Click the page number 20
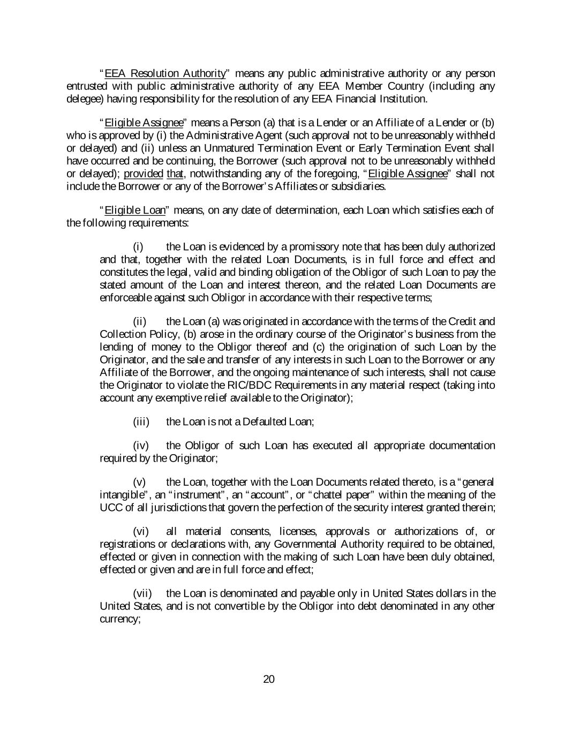click(x=269, y=680)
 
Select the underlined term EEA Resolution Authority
click(x=165, y=73)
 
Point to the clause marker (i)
click(x=138, y=247)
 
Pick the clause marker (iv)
click(x=140, y=446)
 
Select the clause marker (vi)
click(x=140, y=532)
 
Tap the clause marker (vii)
click(x=142, y=593)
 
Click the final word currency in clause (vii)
click(x=119, y=619)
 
